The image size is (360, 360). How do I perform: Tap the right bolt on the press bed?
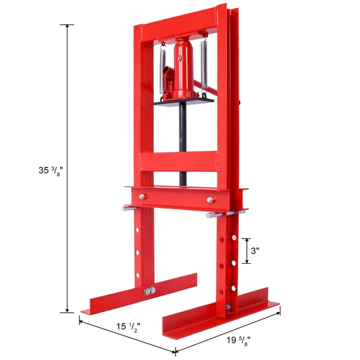pos(211,200)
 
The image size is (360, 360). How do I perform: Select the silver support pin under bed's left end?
pos(131,207)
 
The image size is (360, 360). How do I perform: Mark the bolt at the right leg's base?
pos(228,308)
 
